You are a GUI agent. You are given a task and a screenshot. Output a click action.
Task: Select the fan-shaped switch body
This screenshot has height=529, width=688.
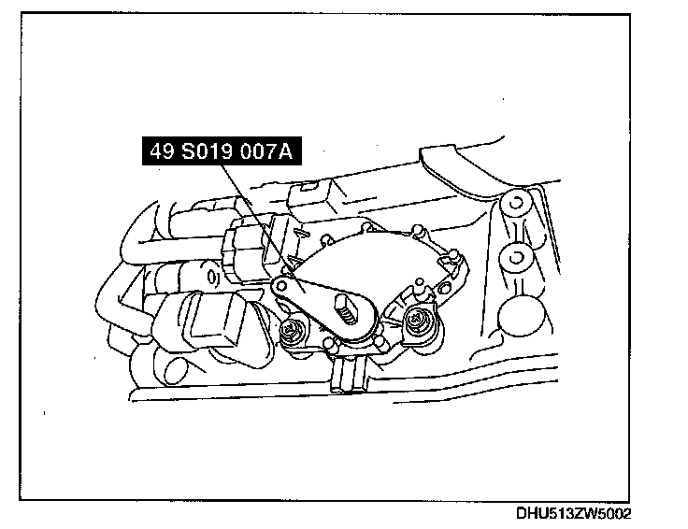click(x=374, y=262)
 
